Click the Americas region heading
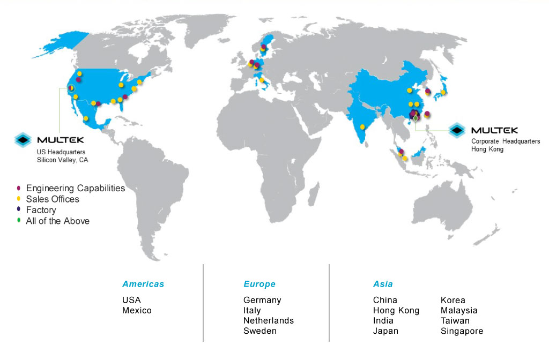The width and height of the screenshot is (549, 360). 143,284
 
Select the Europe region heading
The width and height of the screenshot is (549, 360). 259,284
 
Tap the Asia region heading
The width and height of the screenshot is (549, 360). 383,284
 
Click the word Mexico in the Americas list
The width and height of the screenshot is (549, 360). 137,310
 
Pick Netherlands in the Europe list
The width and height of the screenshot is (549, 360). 269,320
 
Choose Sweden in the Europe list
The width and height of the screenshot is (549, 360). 260,331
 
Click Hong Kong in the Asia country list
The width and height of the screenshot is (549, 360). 396,310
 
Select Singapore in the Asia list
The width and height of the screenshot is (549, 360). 462,331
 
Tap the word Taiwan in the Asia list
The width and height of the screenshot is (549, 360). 455,320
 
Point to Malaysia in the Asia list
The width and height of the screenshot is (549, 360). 459,310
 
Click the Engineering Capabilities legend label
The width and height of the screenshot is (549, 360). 75,188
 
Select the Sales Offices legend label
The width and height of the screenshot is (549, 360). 53,199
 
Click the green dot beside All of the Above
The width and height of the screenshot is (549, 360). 19,221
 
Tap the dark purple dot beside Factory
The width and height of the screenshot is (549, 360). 19,210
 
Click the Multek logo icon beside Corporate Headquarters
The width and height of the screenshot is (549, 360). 457,130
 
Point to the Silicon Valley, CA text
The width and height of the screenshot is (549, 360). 62,160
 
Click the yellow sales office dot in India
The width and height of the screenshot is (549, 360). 362,127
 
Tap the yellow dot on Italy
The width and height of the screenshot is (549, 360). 262,80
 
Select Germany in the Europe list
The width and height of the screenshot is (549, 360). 262,300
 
